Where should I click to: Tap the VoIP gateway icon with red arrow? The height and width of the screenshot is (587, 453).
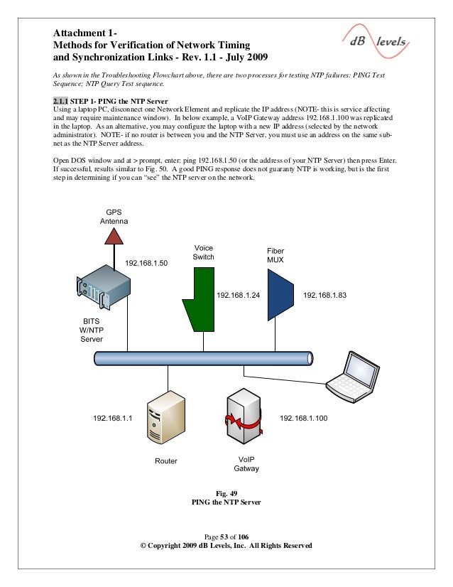241,419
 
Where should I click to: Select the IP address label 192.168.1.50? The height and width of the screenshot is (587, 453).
146,264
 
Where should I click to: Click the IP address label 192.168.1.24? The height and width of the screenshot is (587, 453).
238,294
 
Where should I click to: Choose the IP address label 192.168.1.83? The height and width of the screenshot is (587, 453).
324,294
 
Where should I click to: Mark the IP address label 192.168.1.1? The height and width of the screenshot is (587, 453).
113,419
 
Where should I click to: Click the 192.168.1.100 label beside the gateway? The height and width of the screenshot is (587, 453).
303,419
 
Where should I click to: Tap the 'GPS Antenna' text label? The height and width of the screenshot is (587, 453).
114,217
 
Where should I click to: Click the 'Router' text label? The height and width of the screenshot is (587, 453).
166,461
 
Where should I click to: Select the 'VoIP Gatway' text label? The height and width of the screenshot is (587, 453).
246,464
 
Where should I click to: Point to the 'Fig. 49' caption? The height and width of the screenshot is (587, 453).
226,492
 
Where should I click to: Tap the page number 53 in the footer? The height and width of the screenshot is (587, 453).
227,535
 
